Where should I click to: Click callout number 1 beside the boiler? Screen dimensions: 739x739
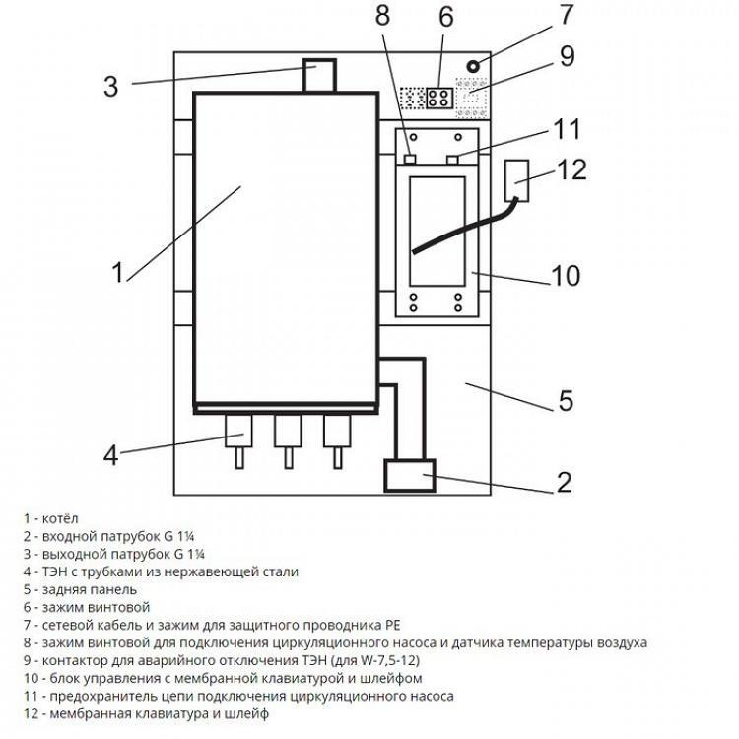coord(117,271)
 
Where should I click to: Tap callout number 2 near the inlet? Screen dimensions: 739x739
coord(564,482)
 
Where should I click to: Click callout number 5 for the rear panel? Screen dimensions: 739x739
coord(566,401)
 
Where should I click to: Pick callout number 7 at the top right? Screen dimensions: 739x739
coord(565,16)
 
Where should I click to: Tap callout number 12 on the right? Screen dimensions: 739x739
coord(571,169)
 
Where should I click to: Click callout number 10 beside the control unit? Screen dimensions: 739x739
coord(566,275)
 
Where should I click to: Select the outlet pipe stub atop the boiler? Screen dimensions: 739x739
coord(318,77)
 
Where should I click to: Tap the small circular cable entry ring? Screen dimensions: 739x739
coord(474,66)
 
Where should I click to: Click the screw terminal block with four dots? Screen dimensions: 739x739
coord(439,98)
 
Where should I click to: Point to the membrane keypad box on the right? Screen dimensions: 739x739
coord(518,179)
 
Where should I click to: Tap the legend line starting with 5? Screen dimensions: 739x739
coord(88,589)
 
